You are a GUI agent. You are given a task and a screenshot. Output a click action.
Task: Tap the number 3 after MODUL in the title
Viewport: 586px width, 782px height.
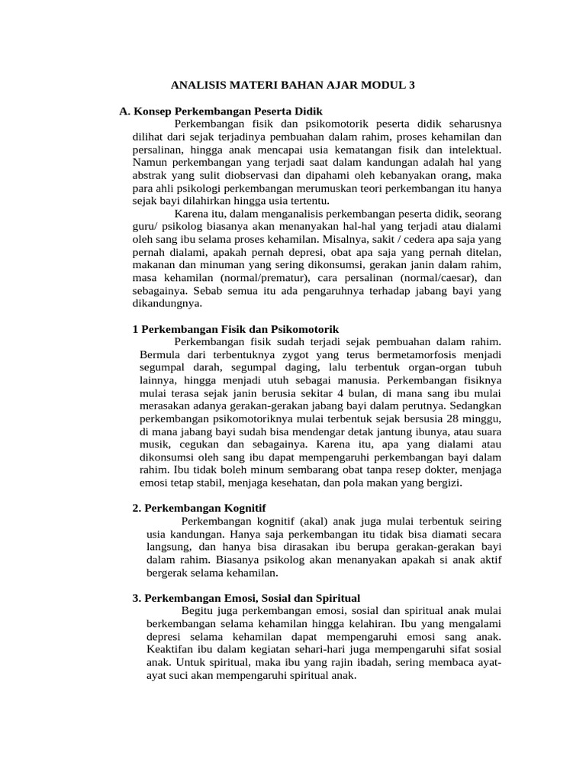point(412,86)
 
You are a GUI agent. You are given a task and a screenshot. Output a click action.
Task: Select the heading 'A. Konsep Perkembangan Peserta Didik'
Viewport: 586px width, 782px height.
point(216,111)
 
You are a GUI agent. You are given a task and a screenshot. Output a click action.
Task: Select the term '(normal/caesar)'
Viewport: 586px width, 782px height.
point(434,277)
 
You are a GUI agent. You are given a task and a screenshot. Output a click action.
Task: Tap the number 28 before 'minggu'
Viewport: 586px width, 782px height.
point(452,419)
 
